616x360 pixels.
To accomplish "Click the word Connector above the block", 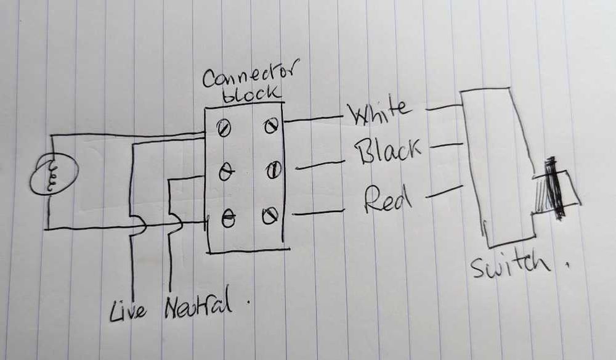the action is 251,75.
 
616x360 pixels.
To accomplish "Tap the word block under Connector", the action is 251,94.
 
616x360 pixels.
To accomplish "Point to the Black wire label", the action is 387,150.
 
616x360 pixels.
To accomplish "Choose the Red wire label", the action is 387,199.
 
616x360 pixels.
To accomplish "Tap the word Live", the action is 128,311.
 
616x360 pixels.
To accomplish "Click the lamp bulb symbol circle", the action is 54,174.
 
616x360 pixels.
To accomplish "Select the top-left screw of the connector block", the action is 224,128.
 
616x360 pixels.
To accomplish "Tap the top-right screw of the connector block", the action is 272,125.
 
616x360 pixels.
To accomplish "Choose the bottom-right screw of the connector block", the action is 270,215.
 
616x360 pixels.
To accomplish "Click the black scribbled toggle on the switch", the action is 555,188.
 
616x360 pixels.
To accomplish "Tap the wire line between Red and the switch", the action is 444,191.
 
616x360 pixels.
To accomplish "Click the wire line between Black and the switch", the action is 445,146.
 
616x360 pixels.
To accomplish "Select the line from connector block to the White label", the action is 314,119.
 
